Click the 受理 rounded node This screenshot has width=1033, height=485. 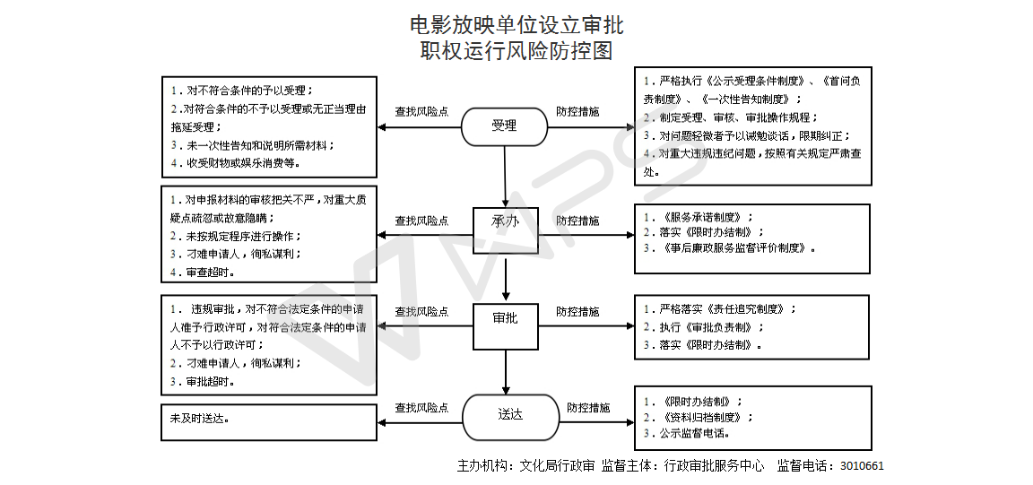pos(504,126)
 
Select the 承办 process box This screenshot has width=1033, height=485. pos(505,221)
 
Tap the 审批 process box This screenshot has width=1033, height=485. pos(505,317)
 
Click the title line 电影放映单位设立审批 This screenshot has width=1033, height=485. pos(516,23)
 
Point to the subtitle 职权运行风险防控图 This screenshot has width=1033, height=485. pos(516,51)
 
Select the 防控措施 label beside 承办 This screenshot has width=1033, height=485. pos(577,221)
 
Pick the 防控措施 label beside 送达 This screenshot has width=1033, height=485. pos(588,408)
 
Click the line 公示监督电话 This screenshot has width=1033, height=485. pos(691,433)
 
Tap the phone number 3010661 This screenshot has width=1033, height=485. pos(862,466)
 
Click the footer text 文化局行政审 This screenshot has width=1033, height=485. pos(552,466)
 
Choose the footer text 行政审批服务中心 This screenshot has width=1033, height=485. pos(714,466)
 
